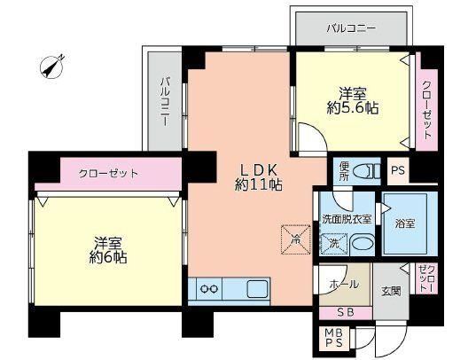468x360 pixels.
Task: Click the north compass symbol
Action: coord(51,67)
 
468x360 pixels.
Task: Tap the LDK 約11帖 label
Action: coord(259,177)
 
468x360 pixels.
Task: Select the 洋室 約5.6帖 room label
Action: coord(353,101)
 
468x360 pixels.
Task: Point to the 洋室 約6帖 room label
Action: coord(108,250)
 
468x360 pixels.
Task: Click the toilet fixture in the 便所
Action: coord(366,172)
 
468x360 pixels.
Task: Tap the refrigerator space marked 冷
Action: coord(296,239)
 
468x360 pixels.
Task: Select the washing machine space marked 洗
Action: coord(333,244)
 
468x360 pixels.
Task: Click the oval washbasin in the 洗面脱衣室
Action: coord(363,243)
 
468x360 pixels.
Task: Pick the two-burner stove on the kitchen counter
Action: coord(209,289)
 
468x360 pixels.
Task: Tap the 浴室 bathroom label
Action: coord(405,223)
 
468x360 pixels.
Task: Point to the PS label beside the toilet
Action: coord(398,170)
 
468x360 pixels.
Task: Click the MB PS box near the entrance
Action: coord(333,338)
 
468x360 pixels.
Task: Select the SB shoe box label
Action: coord(346,312)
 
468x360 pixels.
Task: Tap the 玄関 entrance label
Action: coord(391,291)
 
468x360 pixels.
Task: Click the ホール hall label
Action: coord(344,284)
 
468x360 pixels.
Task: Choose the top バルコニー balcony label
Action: coord(351,28)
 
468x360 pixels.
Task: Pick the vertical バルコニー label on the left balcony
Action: coord(165,101)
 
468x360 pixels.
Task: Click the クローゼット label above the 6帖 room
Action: coord(108,174)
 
